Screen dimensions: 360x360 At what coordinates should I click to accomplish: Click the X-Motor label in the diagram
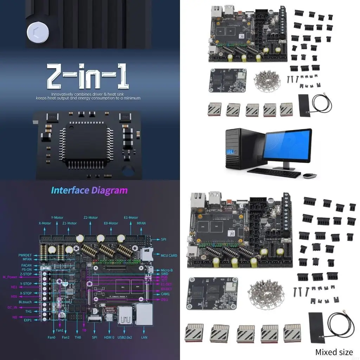coord(45,223)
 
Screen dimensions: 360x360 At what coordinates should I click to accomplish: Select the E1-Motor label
coord(131,218)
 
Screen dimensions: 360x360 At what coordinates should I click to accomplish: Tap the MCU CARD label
coord(169,256)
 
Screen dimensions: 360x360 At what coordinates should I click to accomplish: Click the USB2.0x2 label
coord(125,337)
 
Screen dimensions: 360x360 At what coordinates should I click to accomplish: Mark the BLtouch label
coord(25,302)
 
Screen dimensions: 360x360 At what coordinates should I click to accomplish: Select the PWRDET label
coord(25,255)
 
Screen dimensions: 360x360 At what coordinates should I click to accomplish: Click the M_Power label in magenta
coord(10,277)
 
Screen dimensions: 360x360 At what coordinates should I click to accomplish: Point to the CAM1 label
coord(165,294)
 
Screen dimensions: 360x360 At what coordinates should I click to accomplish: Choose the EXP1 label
coord(28,320)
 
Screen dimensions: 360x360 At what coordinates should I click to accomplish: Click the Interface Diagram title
coord(89,190)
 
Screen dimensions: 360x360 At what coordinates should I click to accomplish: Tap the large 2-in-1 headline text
coord(88,77)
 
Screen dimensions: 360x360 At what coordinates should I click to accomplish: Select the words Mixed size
coord(334,352)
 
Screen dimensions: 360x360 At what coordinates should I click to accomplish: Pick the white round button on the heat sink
coord(38,33)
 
